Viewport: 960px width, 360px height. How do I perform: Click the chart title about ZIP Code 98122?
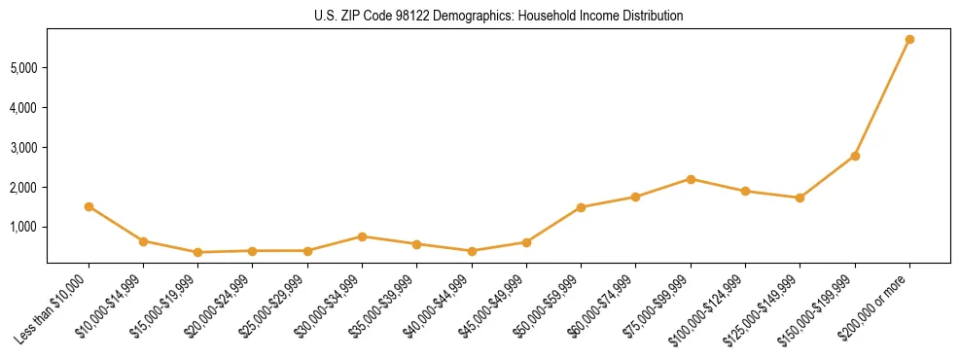499,16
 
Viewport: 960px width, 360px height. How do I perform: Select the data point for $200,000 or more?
909,39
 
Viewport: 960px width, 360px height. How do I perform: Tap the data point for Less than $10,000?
89,206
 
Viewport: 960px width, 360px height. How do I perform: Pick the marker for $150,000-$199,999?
855,156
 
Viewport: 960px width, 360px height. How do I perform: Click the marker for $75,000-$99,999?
691,179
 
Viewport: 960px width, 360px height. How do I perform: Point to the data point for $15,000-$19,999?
197,252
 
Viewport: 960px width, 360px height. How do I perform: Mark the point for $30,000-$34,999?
362,236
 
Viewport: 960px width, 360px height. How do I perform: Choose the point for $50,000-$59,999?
581,207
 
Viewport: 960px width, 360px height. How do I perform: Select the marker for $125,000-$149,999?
800,198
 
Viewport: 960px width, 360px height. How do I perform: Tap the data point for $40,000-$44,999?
472,251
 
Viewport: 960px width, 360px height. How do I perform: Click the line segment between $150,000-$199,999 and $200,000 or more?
882,97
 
